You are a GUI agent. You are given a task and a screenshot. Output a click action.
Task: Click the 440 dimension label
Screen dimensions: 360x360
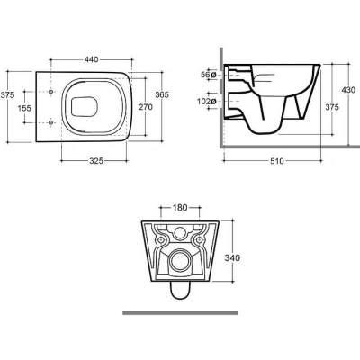click(x=91, y=59)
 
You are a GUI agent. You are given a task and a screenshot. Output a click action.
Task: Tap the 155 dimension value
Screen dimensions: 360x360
click(x=24, y=108)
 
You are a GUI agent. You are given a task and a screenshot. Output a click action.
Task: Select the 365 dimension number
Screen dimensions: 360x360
click(x=162, y=94)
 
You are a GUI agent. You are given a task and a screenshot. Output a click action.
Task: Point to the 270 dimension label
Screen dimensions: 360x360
click(x=146, y=107)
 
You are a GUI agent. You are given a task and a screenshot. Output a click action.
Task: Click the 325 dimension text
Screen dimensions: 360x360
click(x=96, y=161)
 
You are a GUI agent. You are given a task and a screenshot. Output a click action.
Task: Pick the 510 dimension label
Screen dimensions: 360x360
click(x=276, y=161)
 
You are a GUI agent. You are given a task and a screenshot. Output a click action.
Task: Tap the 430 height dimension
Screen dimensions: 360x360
click(x=348, y=89)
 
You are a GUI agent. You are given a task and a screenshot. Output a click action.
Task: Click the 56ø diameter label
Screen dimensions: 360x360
click(x=208, y=75)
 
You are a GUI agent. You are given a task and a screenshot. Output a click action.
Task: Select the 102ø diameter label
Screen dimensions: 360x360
click(x=207, y=102)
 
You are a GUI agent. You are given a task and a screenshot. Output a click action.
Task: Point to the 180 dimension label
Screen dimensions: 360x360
click(x=180, y=207)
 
